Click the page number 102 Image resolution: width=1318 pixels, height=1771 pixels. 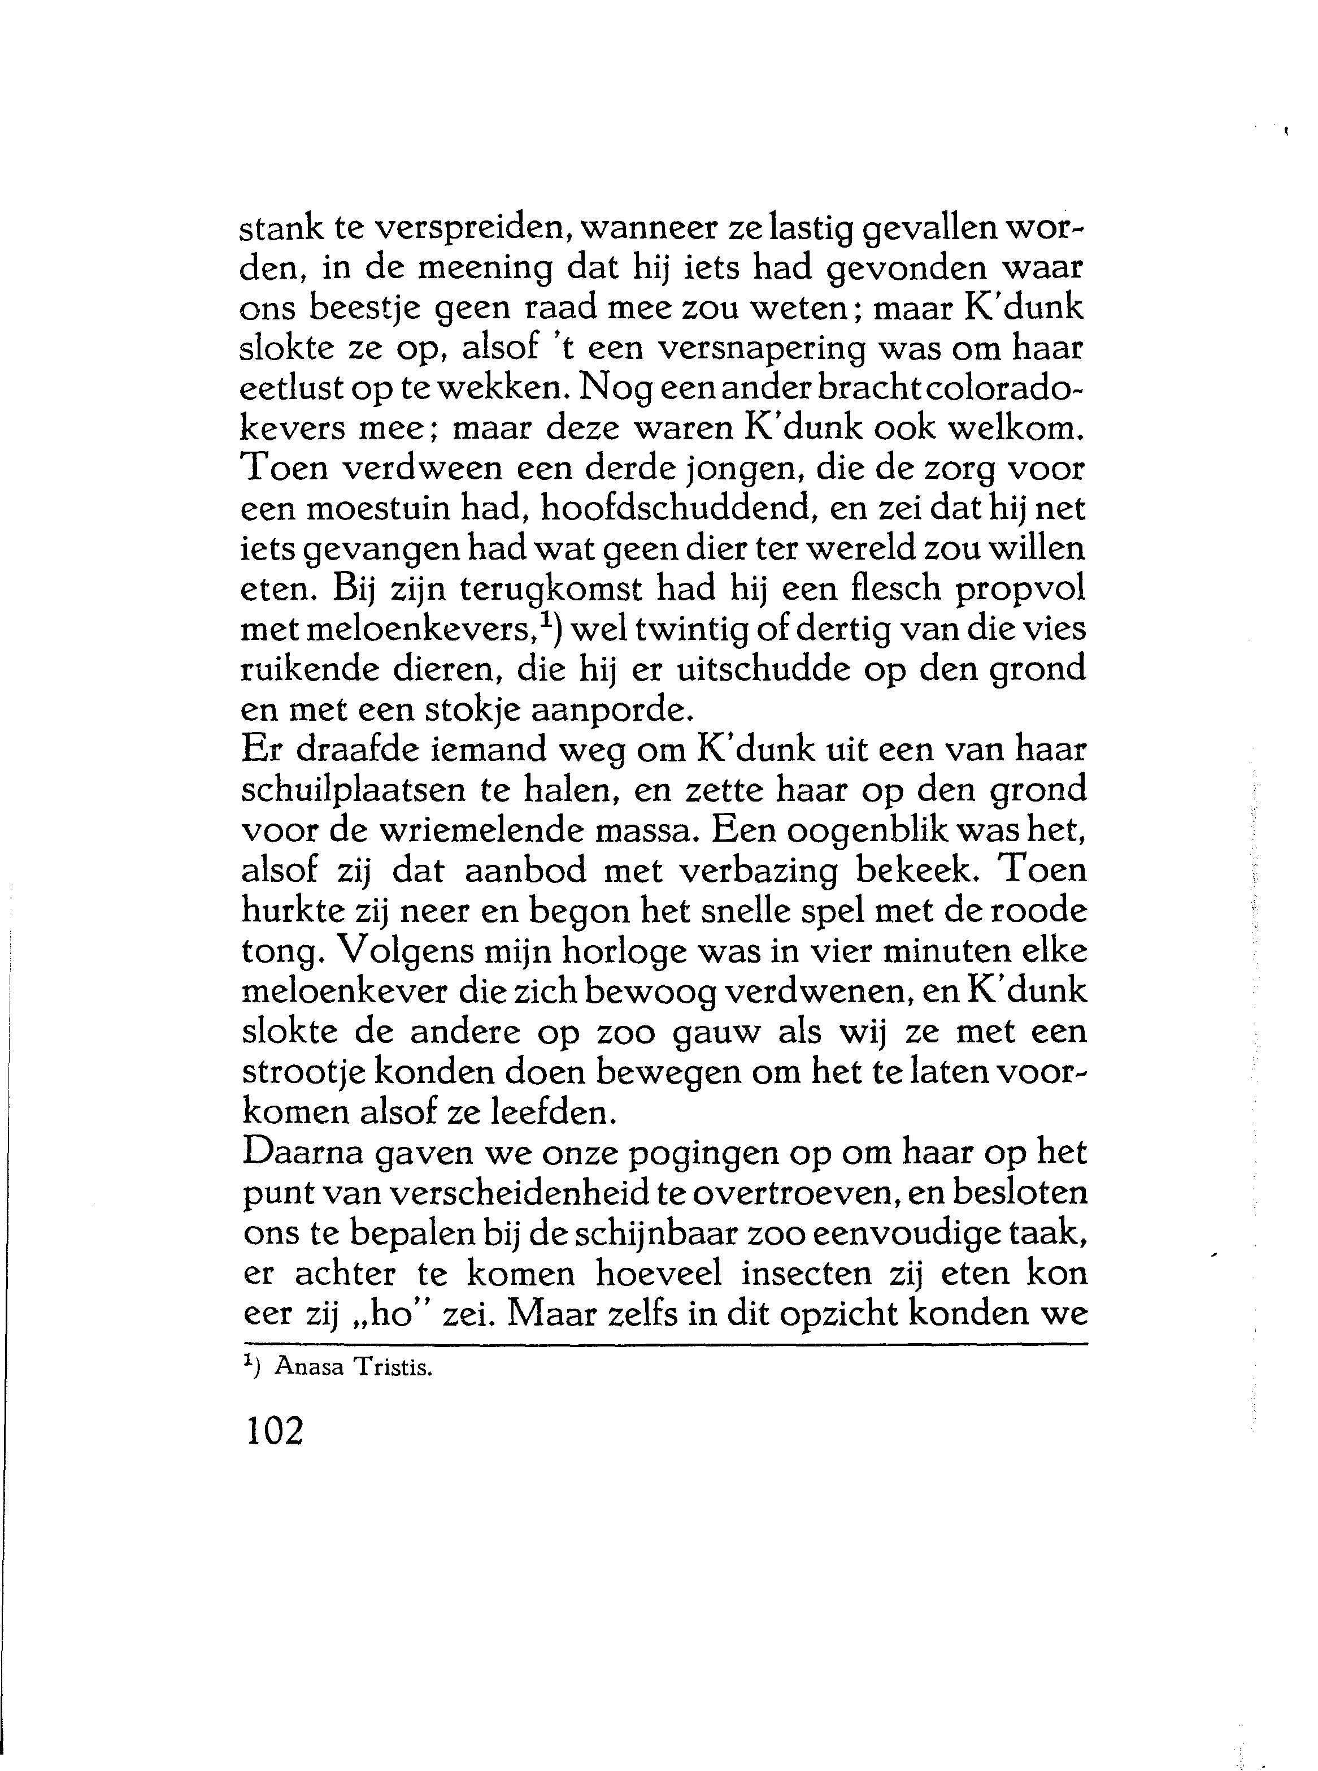click(275, 1431)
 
